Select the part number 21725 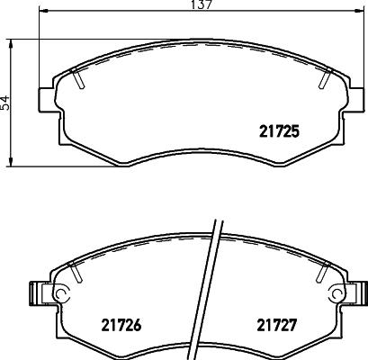point(279,130)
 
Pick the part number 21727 point(279,323)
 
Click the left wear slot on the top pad point(79,81)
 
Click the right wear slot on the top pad point(322,81)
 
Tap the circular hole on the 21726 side point(61,293)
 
